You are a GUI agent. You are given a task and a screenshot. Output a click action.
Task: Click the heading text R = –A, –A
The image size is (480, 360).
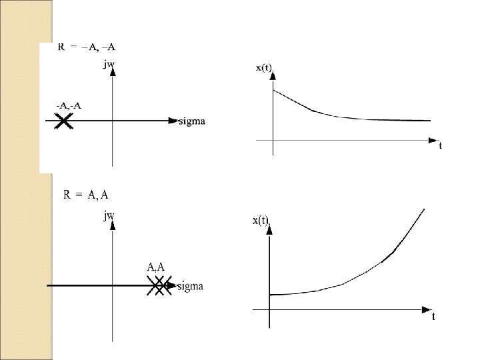click(x=87, y=47)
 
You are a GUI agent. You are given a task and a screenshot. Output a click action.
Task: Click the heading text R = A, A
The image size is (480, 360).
click(x=86, y=195)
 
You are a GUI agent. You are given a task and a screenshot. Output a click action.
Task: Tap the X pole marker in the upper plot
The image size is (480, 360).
click(x=64, y=121)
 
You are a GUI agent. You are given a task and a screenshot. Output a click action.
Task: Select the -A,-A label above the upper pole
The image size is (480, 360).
click(x=69, y=105)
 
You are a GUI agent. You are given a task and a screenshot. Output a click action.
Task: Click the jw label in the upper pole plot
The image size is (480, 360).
click(x=109, y=65)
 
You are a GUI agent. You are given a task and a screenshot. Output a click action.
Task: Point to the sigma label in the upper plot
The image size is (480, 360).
click(x=192, y=121)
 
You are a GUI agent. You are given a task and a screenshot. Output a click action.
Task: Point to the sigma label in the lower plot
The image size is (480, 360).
click(x=189, y=286)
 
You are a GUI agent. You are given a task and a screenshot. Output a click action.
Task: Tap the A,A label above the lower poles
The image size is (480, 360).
click(x=155, y=267)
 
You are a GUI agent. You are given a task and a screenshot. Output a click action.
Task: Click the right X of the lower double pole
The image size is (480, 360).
click(x=164, y=286)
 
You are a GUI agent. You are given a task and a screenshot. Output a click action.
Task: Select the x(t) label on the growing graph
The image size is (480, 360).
click(x=261, y=221)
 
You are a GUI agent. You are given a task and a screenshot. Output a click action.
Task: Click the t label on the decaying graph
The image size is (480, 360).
click(x=440, y=145)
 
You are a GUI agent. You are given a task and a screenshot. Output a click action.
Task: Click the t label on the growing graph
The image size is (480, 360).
click(x=433, y=317)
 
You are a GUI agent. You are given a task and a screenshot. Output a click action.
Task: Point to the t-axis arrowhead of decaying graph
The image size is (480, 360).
click(x=431, y=141)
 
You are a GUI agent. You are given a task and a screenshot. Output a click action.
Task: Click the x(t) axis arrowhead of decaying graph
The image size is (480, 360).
click(x=273, y=77)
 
